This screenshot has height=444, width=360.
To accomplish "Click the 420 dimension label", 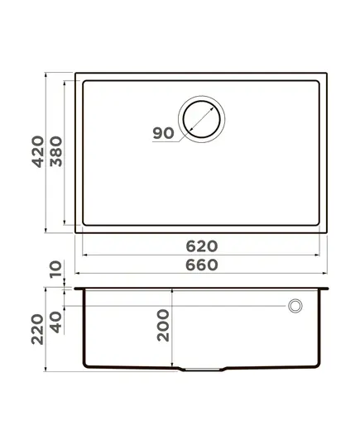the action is tap(38, 152).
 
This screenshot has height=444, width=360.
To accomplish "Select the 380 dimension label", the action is tap(55, 152).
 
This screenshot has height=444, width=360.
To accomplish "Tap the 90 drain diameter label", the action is tap(163, 133).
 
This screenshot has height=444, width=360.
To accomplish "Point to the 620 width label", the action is tap(202, 246).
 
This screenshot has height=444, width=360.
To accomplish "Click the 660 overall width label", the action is tap(202, 265).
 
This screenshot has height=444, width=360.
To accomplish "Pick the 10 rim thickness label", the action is tap(55, 270).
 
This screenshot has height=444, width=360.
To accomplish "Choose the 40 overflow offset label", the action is tap(55, 322).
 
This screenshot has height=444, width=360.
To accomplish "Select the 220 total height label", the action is tap(37, 329).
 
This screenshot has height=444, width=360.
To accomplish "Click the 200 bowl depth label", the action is tap(163, 326).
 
